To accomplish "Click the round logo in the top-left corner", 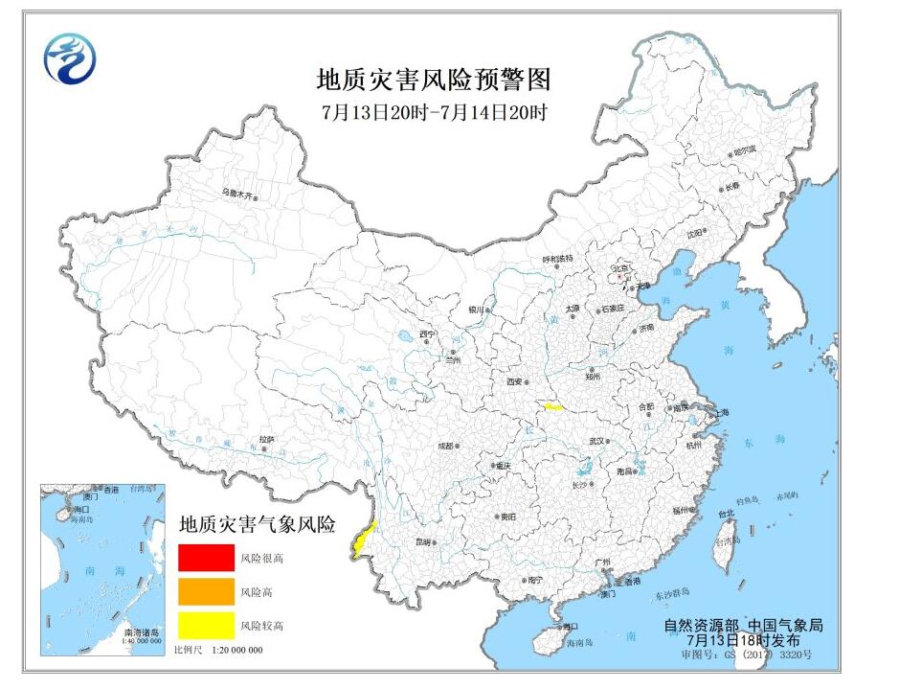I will [71, 58].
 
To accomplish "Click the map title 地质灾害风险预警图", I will [434, 78].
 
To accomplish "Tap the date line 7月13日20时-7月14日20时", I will [434, 111].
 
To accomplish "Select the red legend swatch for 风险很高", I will [206, 557].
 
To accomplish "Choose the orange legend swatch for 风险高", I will [206, 591].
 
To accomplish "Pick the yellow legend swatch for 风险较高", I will [206, 625].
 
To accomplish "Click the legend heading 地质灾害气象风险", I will [258, 524].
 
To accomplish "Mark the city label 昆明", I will [423, 541].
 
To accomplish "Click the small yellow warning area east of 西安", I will [553, 407].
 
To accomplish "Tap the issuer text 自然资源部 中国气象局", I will [743, 625].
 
